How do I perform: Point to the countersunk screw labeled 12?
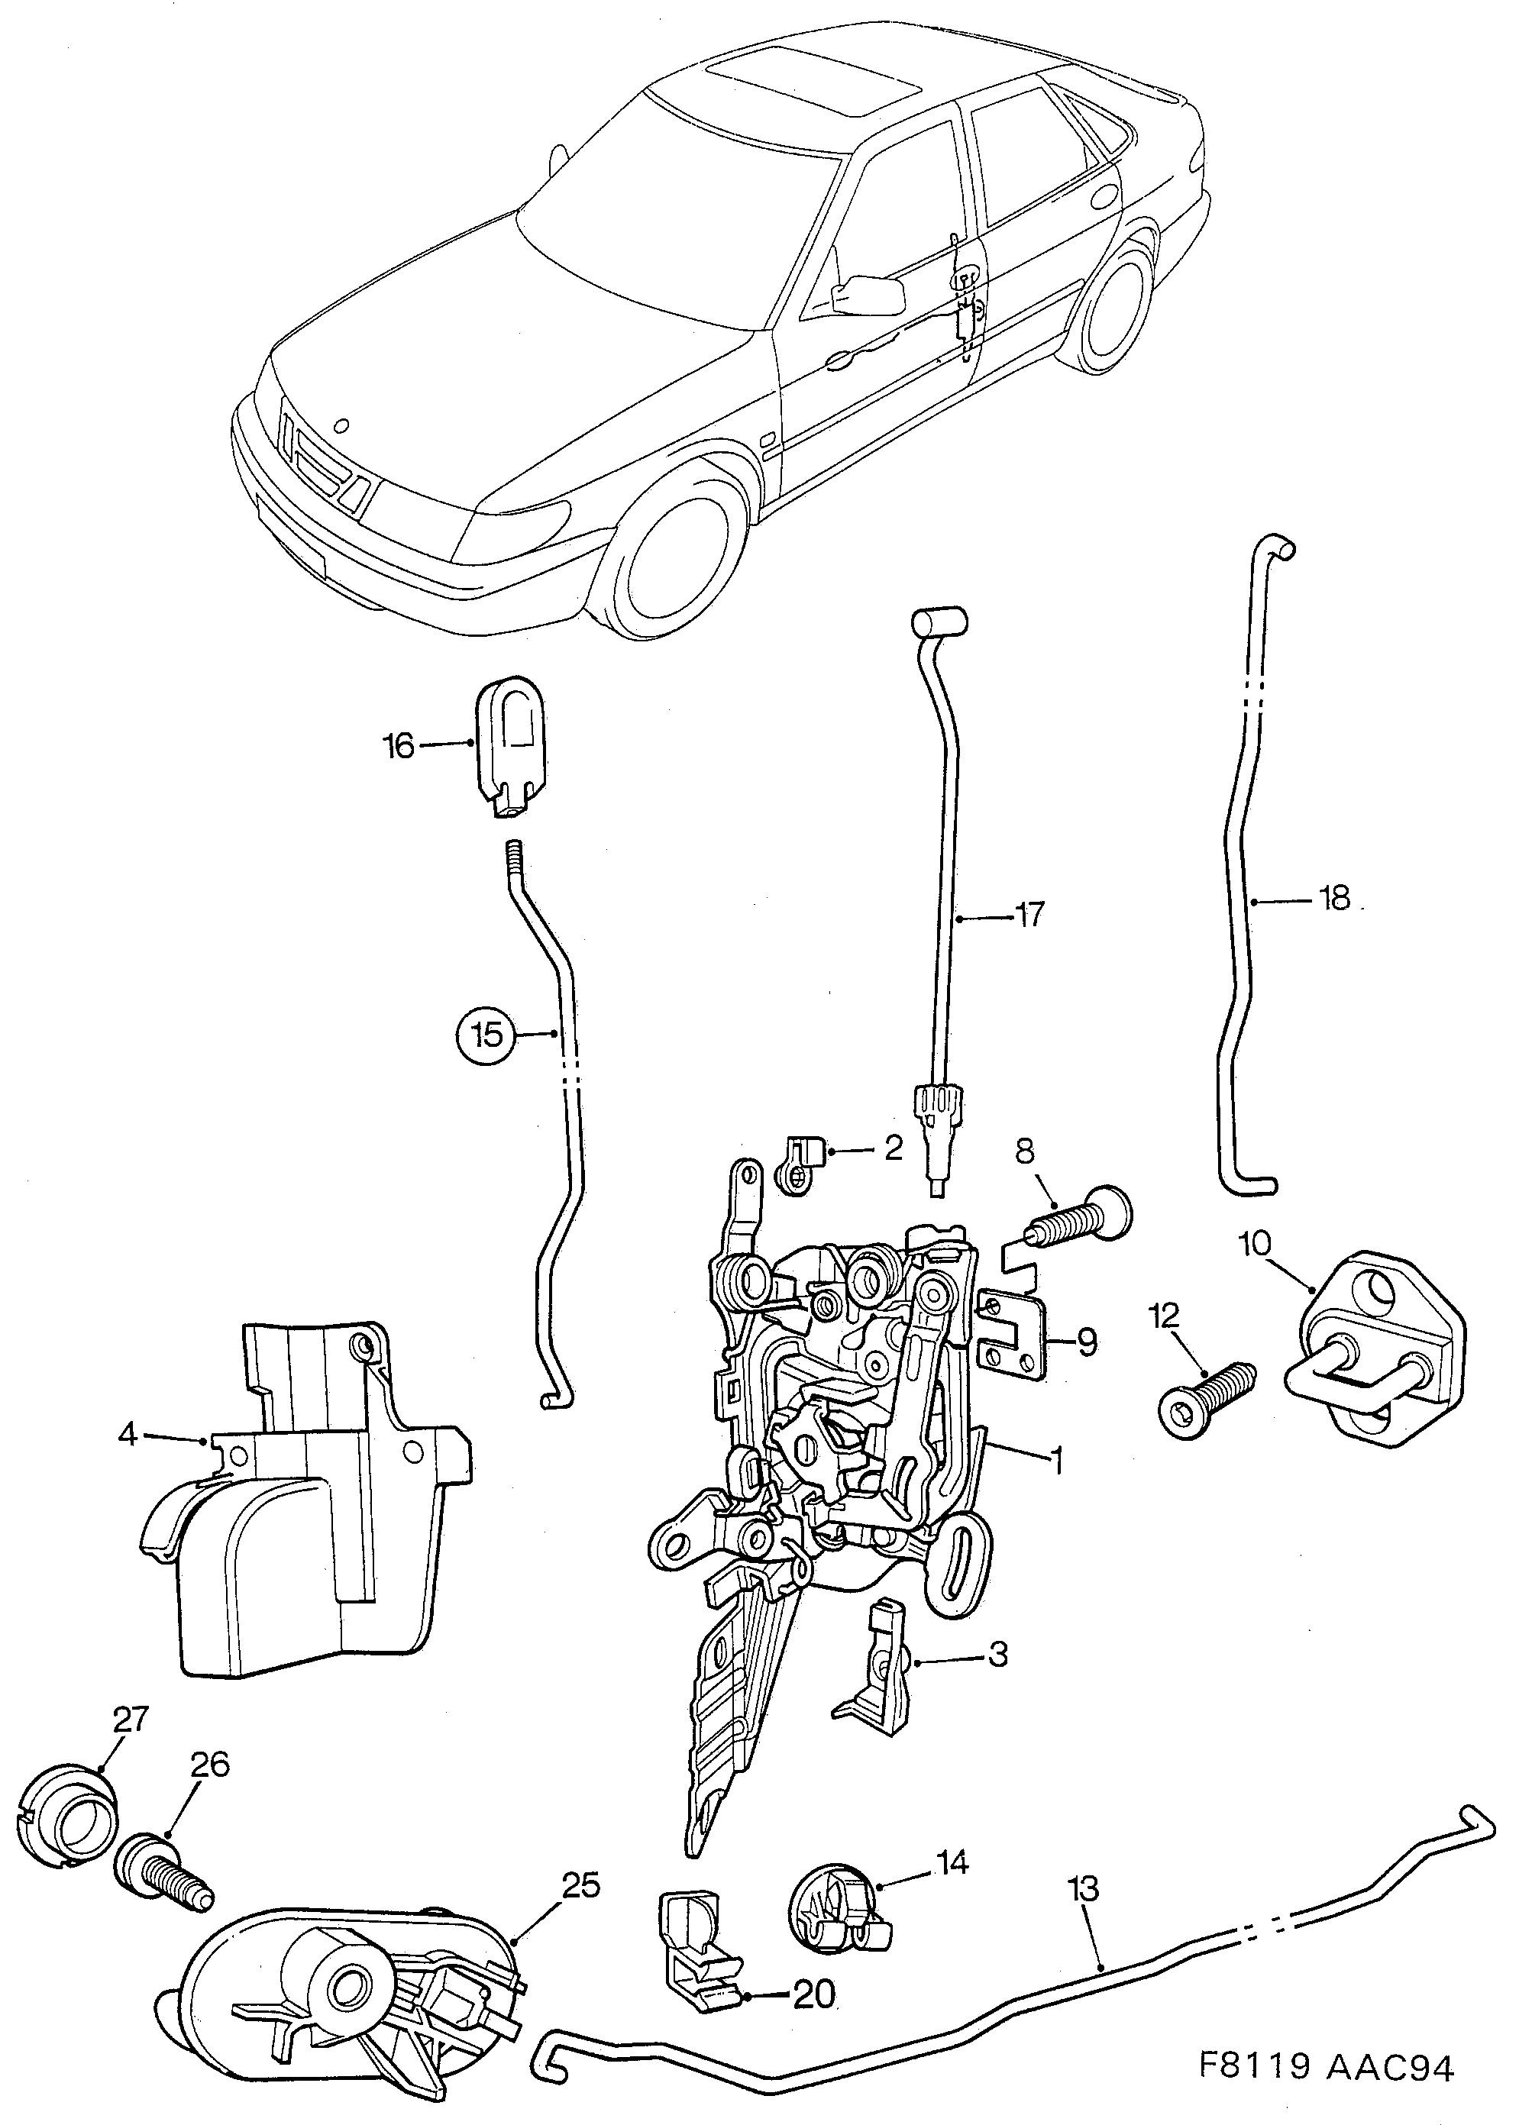[x=1206, y=1400]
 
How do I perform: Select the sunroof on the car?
[x=813, y=86]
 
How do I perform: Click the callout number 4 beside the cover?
[x=128, y=1433]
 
